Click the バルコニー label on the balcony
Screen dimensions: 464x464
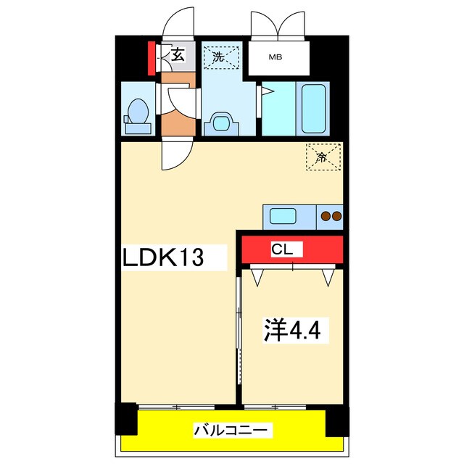pos(233,431)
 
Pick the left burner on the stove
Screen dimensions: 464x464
pos(325,215)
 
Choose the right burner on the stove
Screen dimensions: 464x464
pos(336,215)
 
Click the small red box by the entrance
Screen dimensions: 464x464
pos(152,59)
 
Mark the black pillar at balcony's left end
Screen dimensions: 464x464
pos(125,419)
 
